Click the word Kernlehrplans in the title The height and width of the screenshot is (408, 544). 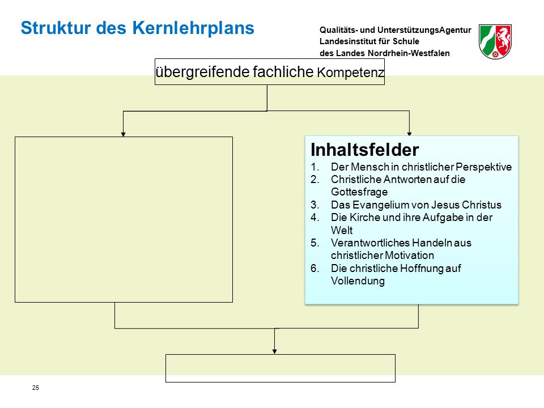(x=193, y=28)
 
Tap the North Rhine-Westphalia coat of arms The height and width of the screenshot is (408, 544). (x=495, y=41)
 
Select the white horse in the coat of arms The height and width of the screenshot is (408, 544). (x=503, y=38)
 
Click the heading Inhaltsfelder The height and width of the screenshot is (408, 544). (x=364, y=150)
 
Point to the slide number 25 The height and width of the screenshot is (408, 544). (x=36, y=388)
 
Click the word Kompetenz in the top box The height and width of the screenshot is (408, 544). (x=350, y=73)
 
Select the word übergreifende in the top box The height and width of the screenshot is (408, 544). (x=203, y=72)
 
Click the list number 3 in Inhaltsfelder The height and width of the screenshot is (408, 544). (x=314, y=205)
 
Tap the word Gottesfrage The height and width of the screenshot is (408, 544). (x=359, y=192)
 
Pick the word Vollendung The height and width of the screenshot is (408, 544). (x=358, y=280)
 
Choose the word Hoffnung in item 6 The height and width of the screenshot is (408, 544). (x=420, y=268)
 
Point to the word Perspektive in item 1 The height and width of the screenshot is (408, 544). (x=483, y=167)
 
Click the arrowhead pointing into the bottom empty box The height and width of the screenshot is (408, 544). (x=274, y=351)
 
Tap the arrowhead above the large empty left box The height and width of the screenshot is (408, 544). (x=123, y=134)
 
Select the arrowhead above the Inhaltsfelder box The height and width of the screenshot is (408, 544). (x=409, y=134)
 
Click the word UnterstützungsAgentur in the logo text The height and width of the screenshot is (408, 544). (x=424, y=30)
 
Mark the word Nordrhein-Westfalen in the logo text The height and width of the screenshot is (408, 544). (x=409, y=53)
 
